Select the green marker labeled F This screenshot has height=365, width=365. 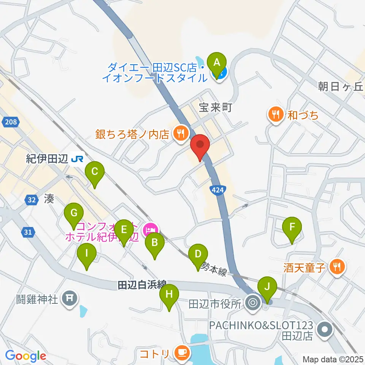[292, 228]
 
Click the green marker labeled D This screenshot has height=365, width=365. [198, 255]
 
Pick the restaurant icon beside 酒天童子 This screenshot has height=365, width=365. [336, 267]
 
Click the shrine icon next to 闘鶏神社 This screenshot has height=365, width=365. [70, 297]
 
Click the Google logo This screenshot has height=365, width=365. [25, 356]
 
